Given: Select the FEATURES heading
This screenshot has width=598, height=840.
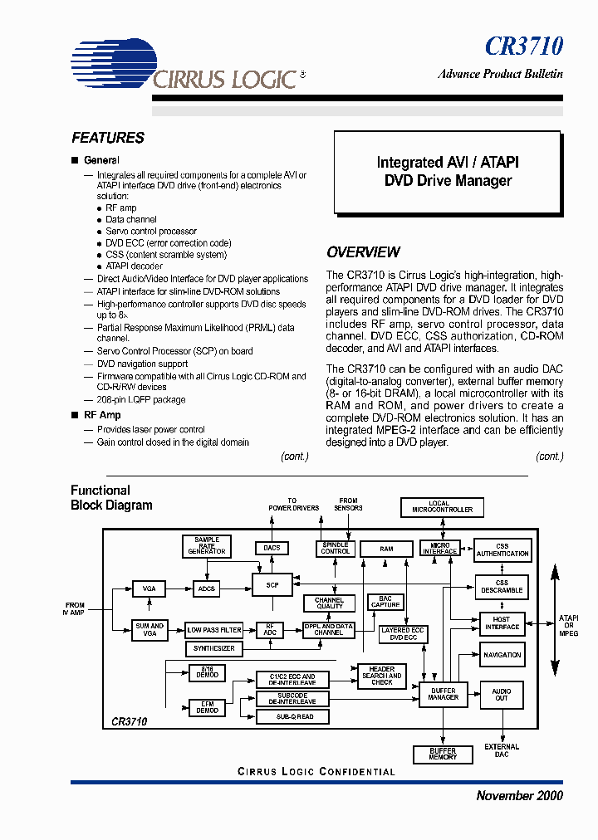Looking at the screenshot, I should pos(108,138).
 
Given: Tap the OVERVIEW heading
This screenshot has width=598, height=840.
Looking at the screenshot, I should pos(363,252).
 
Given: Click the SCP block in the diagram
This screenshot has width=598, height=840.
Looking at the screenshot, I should pos(273,585).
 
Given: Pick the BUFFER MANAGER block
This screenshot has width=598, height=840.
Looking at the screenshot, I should pos(443,694).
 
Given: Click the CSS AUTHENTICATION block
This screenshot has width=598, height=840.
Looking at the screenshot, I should pos(502,550).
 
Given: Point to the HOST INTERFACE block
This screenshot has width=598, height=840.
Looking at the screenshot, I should pos(501,624).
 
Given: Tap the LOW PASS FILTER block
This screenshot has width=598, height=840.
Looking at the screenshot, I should pos(213,630).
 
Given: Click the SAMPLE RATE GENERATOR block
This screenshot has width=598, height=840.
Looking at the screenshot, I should pos(207,545).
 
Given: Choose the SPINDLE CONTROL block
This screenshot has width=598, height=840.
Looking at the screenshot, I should pos(336,549).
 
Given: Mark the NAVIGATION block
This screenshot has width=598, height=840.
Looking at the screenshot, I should pos(502,655).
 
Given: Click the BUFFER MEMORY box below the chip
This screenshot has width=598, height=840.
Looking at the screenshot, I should pos(443,754).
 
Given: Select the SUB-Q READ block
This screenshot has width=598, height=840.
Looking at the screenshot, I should pos(296,716).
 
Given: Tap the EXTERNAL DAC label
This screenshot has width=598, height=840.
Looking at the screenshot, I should pos(502,750).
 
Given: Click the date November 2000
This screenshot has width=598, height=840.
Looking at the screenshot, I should pos(519,795).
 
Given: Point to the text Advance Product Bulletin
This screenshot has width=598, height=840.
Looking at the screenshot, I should pos(500,74).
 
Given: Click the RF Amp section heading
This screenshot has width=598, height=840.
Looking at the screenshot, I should pos(102,415).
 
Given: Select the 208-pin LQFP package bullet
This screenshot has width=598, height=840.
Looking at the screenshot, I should pos(140,399).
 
